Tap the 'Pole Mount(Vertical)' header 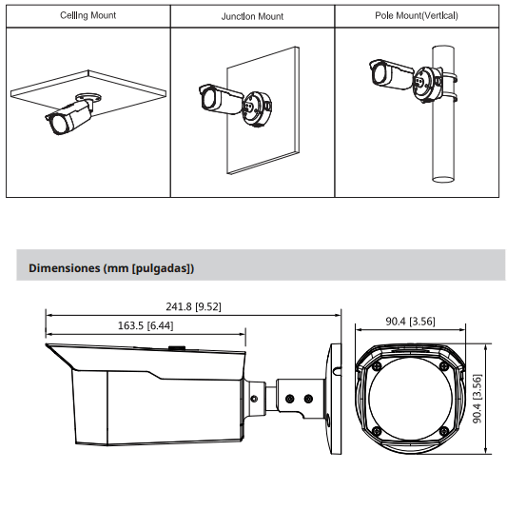click(x=418, y=16)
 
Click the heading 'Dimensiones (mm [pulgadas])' click(x=111, y=268)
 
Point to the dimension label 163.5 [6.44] click(x=145, y=325)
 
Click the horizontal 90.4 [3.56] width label click(x=410, y=321)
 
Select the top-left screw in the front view click(x=377, y=365)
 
